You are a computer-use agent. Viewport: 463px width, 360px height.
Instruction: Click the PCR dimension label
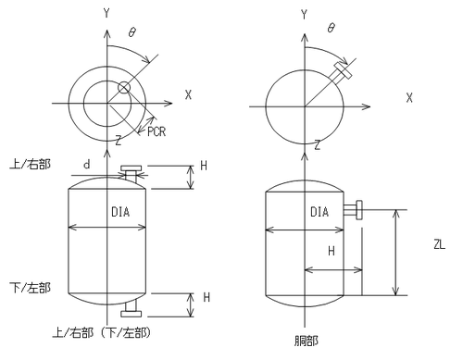[156, 131]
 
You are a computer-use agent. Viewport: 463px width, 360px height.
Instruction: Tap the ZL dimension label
[439, 245]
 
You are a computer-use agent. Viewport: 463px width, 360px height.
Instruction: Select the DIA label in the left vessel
[120, 212]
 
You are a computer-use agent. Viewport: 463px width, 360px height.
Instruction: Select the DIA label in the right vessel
[319, 212]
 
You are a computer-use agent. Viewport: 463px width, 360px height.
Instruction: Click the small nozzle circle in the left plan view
[124, 88]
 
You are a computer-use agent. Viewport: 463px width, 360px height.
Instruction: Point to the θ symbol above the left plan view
[132, 32]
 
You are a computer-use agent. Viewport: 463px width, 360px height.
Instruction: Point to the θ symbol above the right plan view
[331, 28]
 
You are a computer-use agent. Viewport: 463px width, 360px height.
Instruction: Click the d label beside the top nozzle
[87, 165]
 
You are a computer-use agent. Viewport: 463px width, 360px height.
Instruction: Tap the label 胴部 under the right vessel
[306, 341]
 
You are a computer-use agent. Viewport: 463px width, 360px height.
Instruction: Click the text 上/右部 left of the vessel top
[30, 164]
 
